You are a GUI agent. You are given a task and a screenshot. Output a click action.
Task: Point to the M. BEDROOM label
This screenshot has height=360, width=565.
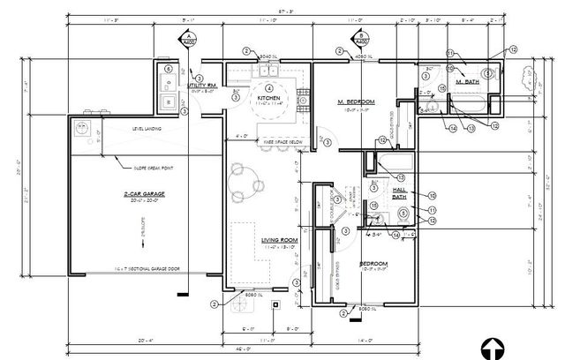(356, 103)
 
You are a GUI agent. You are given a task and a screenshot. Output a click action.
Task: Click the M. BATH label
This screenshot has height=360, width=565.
(465, 81)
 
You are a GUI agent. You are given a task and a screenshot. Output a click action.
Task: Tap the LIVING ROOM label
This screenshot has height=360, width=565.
(279, 239)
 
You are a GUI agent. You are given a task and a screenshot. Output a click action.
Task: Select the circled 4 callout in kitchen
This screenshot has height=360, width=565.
(268, 87)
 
